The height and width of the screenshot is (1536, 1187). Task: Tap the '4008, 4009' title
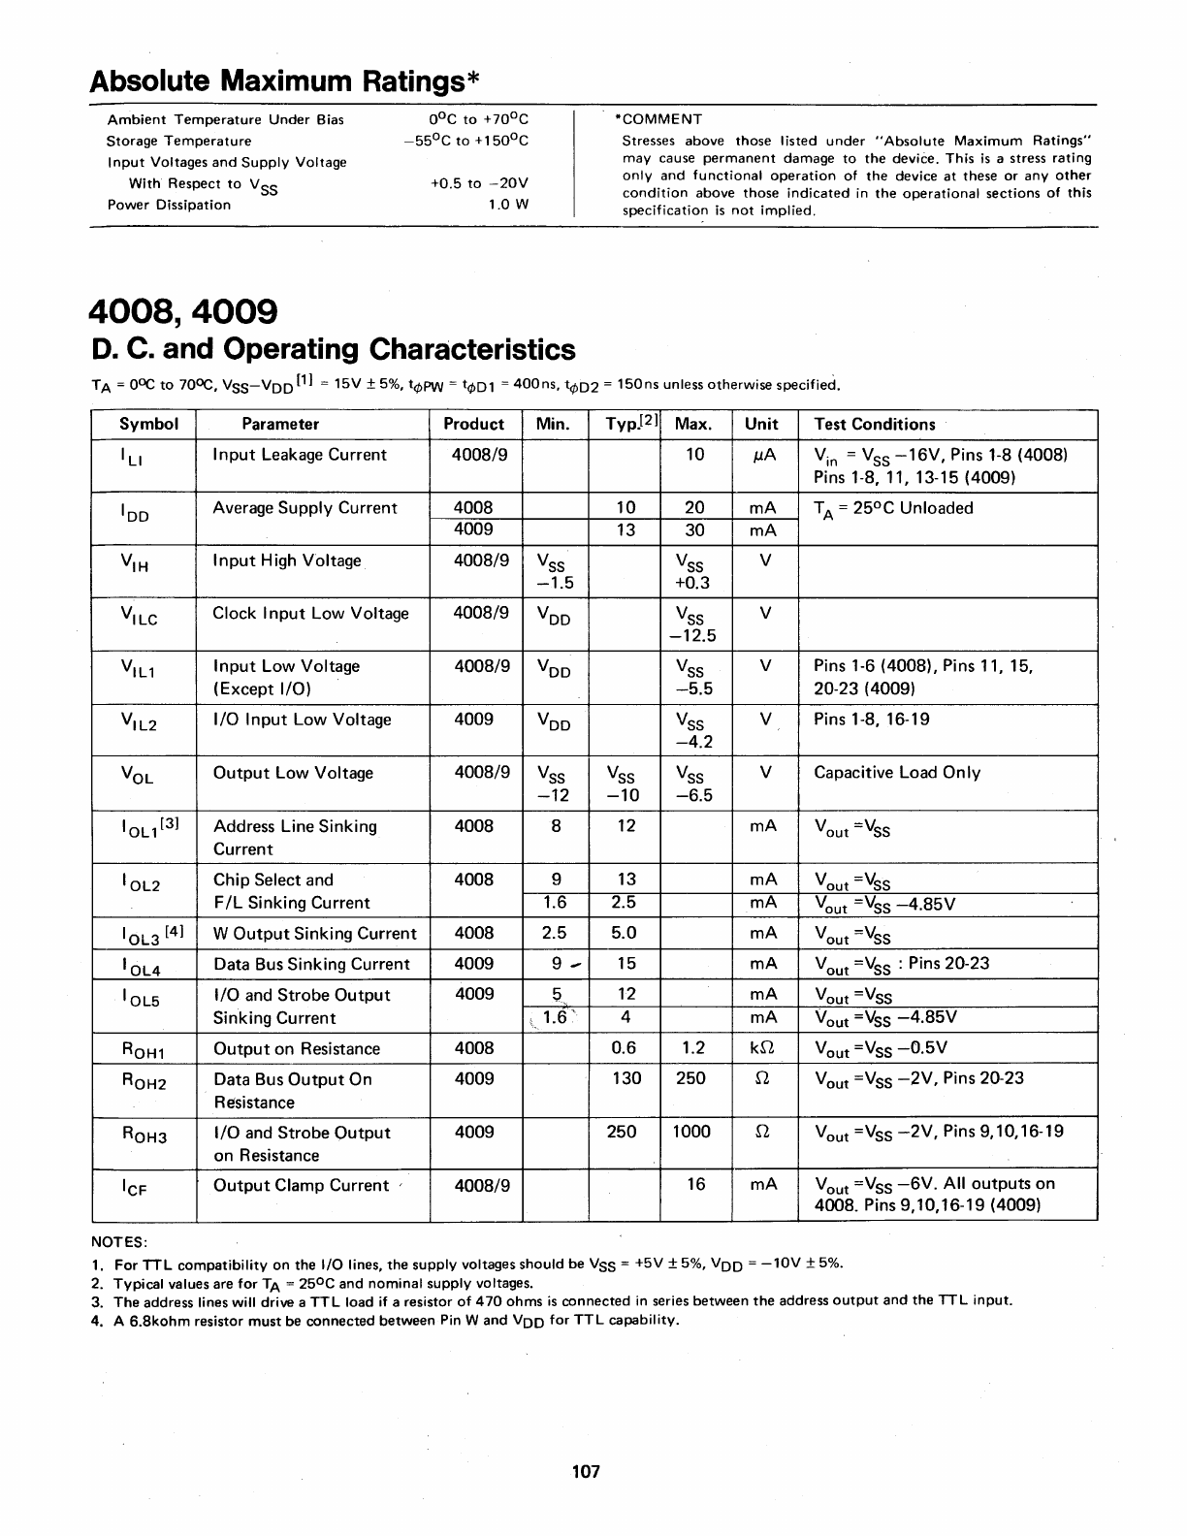(183, 312)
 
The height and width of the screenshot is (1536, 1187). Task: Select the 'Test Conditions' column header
(874, 424)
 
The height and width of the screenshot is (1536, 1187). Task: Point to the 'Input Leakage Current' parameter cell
(299, 455)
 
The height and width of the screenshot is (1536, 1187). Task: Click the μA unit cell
(764, 455)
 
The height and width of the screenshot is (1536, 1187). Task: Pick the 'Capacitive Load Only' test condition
(896, 773)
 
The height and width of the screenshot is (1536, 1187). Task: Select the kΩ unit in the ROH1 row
(763, 1048)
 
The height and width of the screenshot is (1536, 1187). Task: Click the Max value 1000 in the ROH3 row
(690, 1132)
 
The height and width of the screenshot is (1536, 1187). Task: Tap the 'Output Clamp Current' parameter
(301, 1185)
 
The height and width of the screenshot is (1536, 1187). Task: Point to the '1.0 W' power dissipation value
(508, 205)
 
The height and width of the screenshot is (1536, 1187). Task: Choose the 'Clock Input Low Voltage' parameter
(310, 613)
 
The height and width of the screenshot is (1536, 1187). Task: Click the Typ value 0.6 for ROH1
(625, 1048)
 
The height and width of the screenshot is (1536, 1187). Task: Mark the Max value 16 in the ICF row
(695, 1184)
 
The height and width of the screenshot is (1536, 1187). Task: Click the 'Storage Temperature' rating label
(179, 141)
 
